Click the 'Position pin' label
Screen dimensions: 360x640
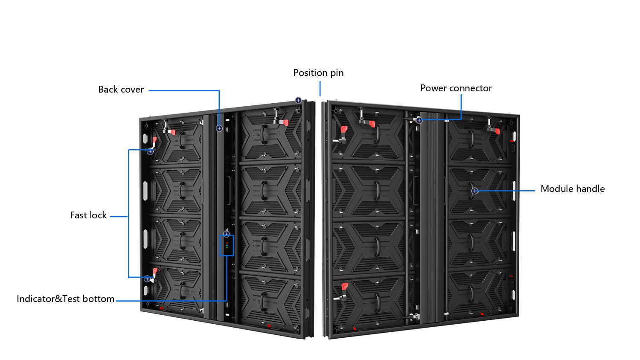[x=318, y=73]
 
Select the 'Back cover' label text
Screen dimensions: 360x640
[x=121, y=90]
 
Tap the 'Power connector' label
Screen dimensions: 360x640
[x=456, y=88]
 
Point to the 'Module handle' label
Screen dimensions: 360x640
[x=572, y=189]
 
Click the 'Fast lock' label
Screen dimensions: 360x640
[x=88, y=215]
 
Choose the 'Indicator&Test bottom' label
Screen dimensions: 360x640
[x=65, y=299]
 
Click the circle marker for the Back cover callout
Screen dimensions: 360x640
[x=219, y=128]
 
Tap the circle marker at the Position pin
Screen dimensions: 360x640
[x=298, y=100]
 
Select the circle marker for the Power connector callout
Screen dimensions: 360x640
[x=419, y=120]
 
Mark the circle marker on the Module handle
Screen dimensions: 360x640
[x=474, y=191]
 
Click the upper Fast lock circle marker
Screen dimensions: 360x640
[x=150, y=151]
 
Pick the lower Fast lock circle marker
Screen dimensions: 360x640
[x=147, y=279]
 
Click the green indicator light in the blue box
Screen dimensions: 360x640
[x=227, y=244]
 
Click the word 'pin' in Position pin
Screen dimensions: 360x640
[x=337, y=73]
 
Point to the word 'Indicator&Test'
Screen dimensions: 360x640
[x=48, y=299]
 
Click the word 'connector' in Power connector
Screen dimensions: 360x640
[x=473, y=88]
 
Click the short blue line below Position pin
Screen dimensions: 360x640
[x=320, y=90]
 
